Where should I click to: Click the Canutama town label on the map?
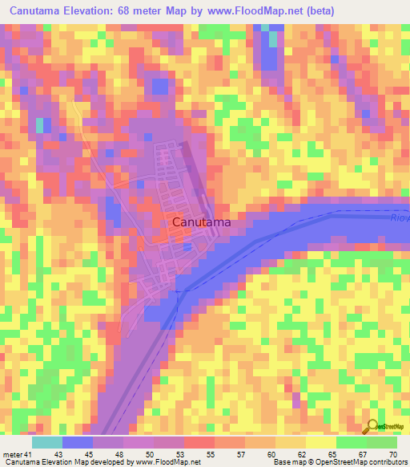click(x=202, y=221)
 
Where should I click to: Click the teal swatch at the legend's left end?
click(x=47, y=442)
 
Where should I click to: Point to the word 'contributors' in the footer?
click(x=386, y=463)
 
